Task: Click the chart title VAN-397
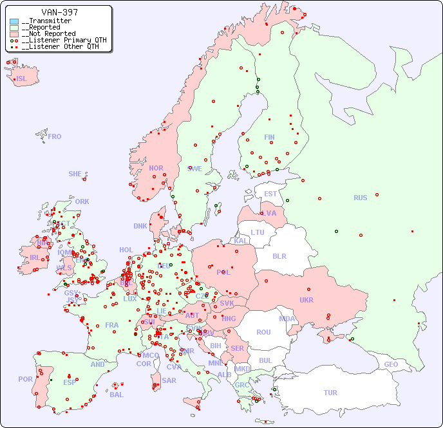(59, 12)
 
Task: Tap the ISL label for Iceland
(21, 79)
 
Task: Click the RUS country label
(360, 198)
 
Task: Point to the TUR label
(330, 393)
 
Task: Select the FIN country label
(269, 137)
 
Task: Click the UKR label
(306, 300)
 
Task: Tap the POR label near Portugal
(25, 379)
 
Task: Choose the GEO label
(391, 364)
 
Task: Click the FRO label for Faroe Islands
(55, 136)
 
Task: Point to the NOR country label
(156, 168)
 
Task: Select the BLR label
(279, 256)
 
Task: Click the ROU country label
(263, 332)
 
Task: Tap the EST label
(270, 194)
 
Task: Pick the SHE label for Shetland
(75, 174)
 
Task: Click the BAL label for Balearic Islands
(116, 395)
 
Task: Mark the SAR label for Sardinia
(169, 380)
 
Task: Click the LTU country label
(258, 232)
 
